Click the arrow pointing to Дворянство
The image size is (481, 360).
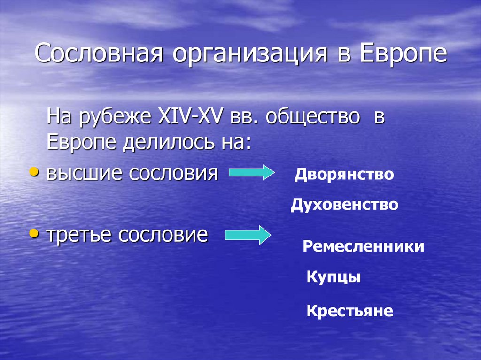point(251,173)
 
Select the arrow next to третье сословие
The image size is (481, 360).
point(248,234)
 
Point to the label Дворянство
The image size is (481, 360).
point(344,175)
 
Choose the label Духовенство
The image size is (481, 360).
point(344,205)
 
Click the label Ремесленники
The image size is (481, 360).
point(363,246)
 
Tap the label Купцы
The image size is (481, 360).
point(334,277)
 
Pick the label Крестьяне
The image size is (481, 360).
point(349,311)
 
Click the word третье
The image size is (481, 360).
point(78,235)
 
